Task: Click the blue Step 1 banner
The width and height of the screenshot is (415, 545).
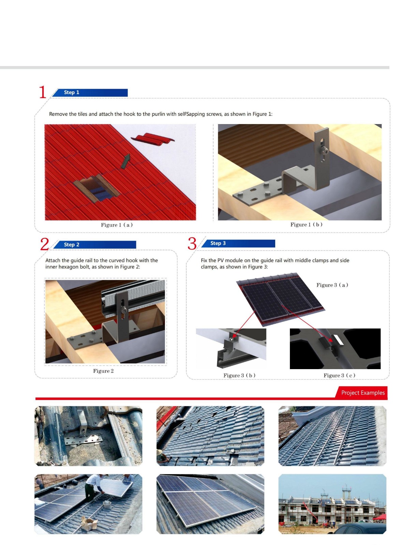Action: coord(90,92)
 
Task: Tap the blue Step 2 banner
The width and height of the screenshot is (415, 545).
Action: coord(94,244)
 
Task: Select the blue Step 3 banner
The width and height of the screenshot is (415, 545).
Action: coord(238,243)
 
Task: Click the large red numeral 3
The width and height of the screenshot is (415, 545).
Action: coord(192,244)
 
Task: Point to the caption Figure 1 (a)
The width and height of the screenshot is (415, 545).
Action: coord(117,225)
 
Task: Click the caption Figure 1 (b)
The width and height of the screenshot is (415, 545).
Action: coord(306,224)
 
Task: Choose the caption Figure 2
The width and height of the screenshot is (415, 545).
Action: coord(103,371)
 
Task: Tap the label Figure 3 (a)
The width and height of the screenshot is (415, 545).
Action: coord(332,285)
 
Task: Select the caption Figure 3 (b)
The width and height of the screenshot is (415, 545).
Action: coord(239,375)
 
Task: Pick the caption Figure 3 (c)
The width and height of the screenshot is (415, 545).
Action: coord(339,375)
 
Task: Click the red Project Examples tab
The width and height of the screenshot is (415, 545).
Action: coord(361,393)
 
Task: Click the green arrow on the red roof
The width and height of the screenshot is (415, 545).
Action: coord(125,161)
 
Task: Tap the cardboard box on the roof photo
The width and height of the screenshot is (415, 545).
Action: coord(89,522)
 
